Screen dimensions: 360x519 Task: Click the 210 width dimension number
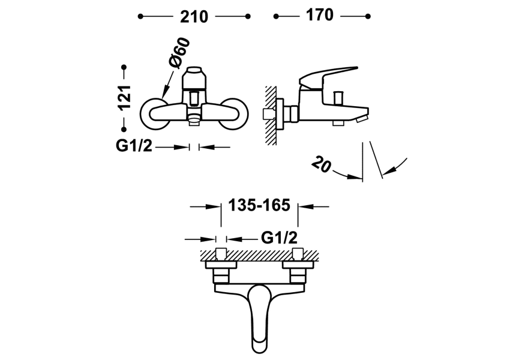[x=194, y=17]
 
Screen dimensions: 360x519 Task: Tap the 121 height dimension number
[x=125, y=97]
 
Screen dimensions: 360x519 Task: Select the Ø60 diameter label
[x=178, y=53]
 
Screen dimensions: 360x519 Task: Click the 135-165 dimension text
[x=259, y=206]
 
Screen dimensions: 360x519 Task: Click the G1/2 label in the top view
[x=279, y=238]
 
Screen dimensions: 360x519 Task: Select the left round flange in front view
[x=157, y=113]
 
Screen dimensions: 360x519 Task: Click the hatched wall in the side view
[x=271, y=114]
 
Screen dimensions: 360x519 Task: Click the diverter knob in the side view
[x=338, y=97]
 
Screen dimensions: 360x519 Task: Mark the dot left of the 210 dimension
[x=140, y=17]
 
